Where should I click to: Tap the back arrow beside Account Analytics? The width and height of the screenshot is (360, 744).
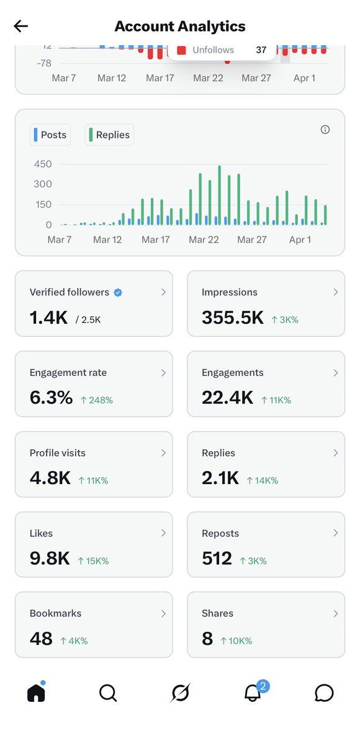point(21,26)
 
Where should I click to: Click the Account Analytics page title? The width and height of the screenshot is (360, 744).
point(180,26)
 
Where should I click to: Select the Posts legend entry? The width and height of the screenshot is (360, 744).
point(50,135)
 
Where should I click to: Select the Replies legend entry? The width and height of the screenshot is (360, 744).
point(109,135)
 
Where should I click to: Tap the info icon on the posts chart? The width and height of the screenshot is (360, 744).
point(325,130)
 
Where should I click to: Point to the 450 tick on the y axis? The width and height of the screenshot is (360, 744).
point(43,164)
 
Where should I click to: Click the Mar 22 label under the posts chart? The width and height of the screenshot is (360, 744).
point(204,240)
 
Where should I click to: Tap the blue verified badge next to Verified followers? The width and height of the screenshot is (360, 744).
point(118,292)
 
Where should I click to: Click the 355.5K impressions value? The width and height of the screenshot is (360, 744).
point(233,318)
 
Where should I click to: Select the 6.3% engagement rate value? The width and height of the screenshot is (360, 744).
point(51,398)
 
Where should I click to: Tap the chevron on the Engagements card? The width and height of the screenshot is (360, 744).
point(335,373)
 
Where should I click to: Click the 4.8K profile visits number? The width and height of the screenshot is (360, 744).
point(50,478)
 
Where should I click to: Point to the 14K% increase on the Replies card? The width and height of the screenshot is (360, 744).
point(262,480)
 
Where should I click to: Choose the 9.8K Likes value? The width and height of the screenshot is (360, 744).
point(50,558)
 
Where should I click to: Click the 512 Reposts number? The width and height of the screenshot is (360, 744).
point(217,558)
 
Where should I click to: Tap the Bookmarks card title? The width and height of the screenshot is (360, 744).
point(55,613)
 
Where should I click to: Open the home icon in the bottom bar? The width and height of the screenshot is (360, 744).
point(36,692)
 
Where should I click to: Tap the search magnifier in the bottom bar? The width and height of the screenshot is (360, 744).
point(108,692)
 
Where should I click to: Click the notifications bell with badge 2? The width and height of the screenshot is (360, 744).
point(252,692)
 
